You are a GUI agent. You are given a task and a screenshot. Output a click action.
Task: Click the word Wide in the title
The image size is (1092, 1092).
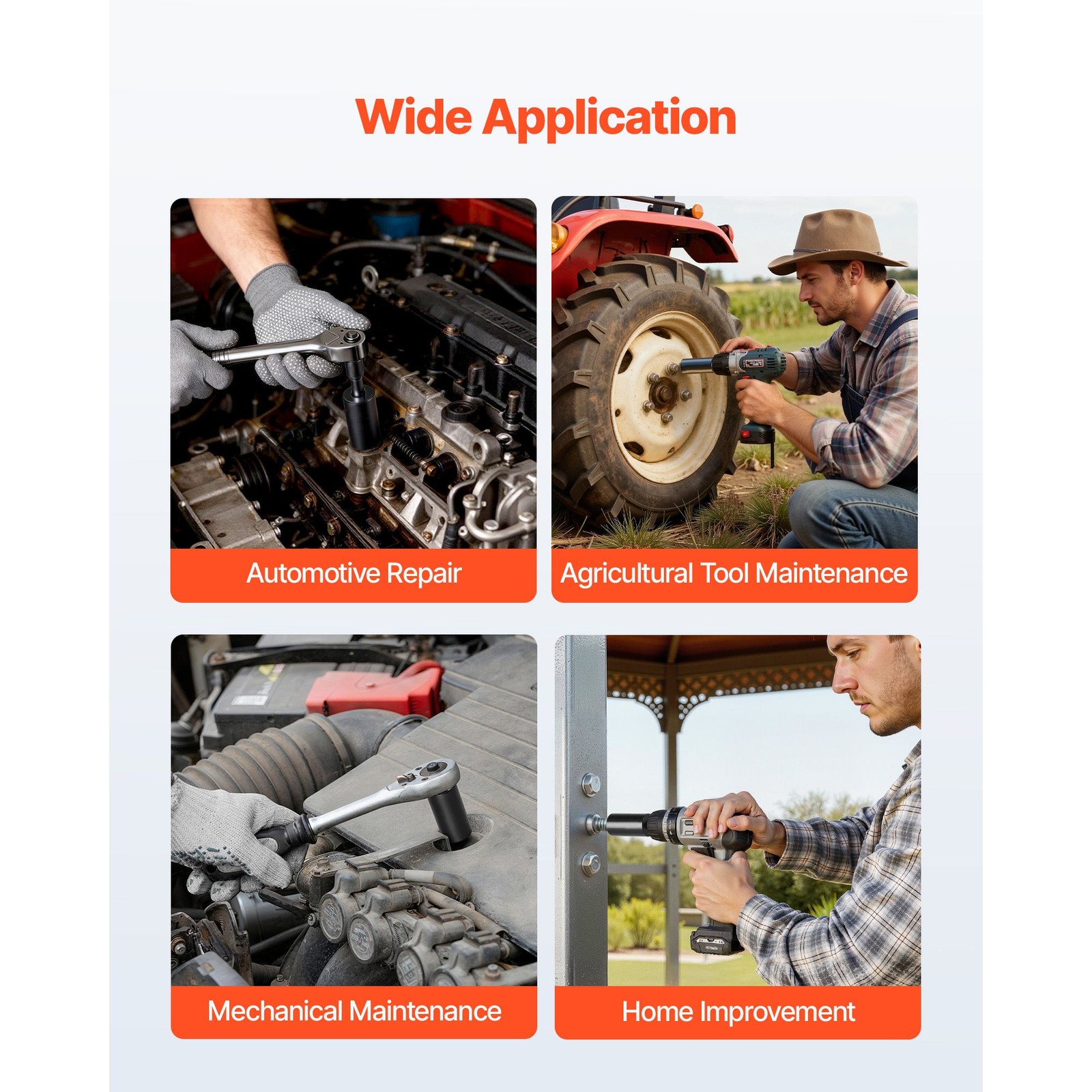coord(414,117)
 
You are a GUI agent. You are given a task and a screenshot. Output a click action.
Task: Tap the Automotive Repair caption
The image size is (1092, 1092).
coord(354,573)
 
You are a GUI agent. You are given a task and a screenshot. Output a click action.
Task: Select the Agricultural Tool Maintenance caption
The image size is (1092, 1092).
coord(734,573)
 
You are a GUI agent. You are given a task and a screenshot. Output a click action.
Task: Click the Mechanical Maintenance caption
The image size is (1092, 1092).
coord(354,1011)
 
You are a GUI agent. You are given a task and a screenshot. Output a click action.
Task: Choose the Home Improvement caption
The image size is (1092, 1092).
coord(738,1011)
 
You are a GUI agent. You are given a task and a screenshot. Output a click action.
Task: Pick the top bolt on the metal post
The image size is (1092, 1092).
coord(590,785)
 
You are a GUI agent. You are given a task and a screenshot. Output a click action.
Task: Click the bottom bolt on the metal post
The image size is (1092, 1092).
coord(590,864)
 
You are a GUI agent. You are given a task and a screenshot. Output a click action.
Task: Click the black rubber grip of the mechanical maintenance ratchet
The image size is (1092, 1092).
coord(286,833)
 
